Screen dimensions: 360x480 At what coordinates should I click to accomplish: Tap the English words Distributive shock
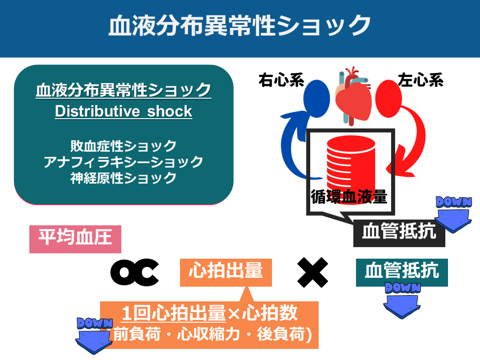pos(124,111)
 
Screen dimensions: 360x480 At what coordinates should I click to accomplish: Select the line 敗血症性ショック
pos(124,146)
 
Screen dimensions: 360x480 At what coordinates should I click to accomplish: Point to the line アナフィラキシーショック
pos(124,162)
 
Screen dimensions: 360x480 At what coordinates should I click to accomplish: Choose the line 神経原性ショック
pos(124,178)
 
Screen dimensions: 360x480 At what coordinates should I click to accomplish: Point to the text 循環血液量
pos(349,196)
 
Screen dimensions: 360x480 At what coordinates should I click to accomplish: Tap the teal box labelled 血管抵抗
pos(402,271)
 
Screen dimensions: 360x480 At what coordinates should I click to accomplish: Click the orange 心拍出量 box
pos(225,271)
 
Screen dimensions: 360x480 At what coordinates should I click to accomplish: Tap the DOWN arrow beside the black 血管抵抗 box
pos(453,213)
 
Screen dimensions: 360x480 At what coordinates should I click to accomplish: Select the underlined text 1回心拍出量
pos(174,314)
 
